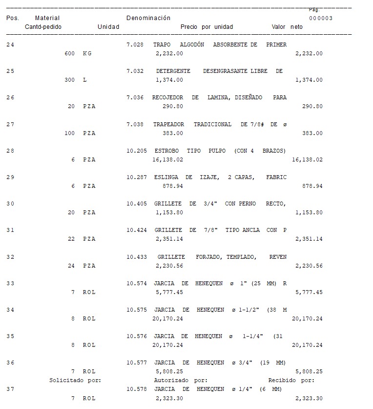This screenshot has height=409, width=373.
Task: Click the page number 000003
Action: click(321, 18)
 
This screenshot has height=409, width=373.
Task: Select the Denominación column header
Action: click(148, 18)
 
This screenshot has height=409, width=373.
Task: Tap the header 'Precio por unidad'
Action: click(207, 27)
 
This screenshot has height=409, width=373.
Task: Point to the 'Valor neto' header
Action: click(287, 27)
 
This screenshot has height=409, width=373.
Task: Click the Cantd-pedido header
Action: click(43, 27)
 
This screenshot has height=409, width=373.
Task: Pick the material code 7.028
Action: click(135, 45)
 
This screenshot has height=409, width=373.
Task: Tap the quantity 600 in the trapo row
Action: click(69, 53)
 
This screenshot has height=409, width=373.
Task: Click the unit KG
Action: click(87, 53)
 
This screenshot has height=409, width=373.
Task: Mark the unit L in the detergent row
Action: click(85, 80)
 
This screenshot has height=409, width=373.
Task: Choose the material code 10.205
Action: click(136, 151)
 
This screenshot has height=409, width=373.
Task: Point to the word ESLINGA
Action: click(166, 177)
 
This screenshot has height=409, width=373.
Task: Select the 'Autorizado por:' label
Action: click(181, 380)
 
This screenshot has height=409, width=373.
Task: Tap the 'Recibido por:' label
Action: click(291, 380)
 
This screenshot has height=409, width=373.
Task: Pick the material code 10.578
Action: click(136, 389)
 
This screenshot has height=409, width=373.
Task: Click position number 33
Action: click(10, 283)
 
